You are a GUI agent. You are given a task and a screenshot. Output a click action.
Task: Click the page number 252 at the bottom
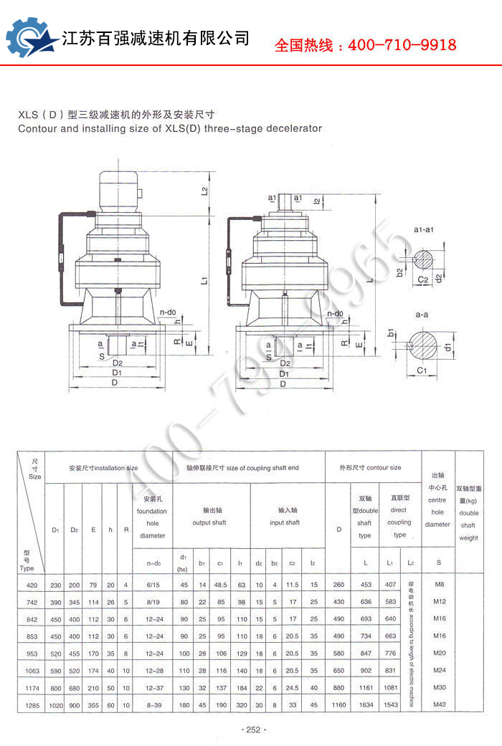pos(251,730)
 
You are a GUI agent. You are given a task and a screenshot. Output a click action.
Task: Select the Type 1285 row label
pos(30,706)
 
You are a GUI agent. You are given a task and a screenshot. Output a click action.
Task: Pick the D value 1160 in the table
pos(338,706)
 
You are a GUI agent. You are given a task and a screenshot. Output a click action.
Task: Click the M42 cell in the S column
pos(440,706)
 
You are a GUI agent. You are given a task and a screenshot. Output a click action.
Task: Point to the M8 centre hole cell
pos(440,585)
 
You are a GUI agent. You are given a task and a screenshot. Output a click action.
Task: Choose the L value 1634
pos(366,706)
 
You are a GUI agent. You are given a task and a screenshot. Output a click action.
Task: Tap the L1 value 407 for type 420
pos(391,585)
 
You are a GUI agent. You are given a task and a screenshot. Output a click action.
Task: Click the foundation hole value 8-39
pos(152,706)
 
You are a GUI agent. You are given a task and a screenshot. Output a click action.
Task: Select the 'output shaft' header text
pos(209,522)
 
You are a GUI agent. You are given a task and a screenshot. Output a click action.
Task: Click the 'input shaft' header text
pos(285,522)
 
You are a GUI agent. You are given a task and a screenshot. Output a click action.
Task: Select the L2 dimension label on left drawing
pos(205,190)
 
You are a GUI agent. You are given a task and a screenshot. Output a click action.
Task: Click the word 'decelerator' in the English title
pos(292,129)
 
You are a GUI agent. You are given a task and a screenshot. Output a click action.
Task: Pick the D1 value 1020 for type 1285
pos(55,706)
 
